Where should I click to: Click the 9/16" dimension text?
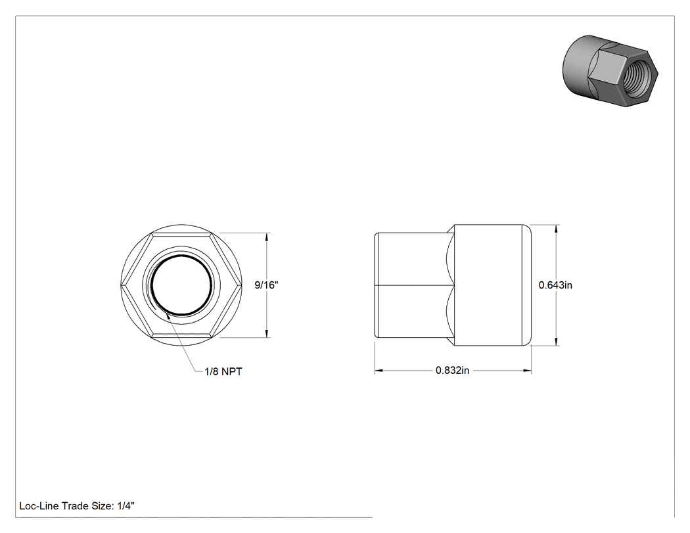tap(266, 285)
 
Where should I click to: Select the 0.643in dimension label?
tap(555, 285)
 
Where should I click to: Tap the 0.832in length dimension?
tap(452, 371)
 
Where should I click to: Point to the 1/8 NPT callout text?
tap(223, 371)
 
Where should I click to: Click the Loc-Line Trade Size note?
tap(77, 506)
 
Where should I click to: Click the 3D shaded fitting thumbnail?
tap(610, 72)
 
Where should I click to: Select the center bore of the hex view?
tap(181, 285)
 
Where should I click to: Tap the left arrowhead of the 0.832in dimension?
tap(379, 371)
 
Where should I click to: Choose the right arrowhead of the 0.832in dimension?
tap(527, 371)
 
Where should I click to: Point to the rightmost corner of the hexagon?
tap(242, 285)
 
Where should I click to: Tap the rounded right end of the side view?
tap(527, 285)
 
